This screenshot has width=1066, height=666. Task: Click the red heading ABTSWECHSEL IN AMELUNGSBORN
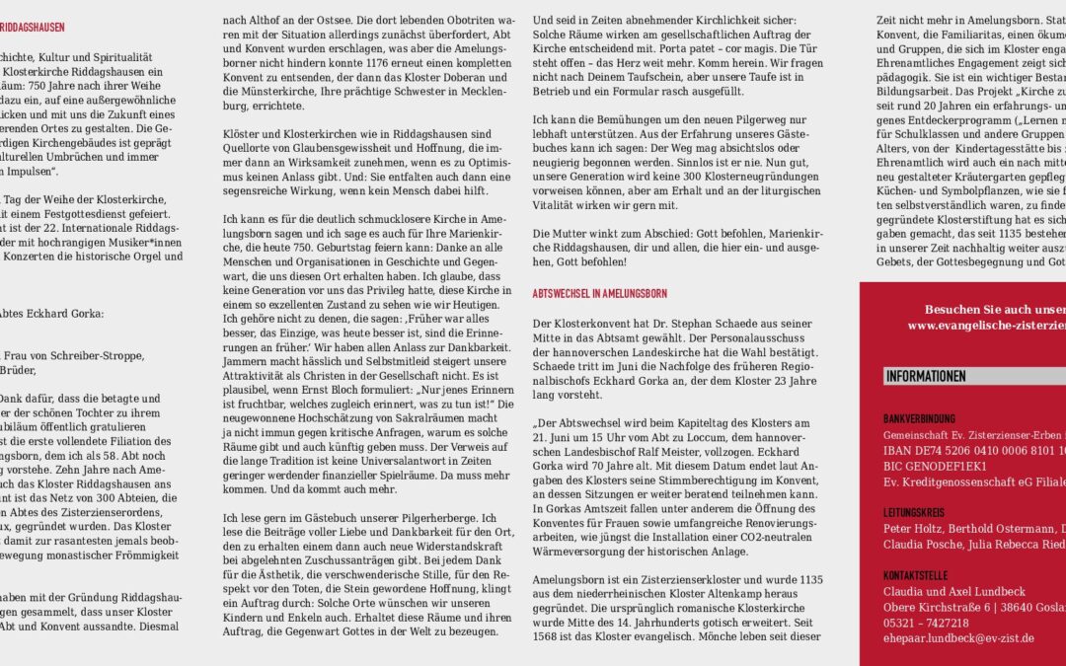599,294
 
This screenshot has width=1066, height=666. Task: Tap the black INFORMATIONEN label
926,376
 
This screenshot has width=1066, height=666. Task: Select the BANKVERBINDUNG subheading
919,418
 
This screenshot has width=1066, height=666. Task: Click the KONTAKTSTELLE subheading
915,574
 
